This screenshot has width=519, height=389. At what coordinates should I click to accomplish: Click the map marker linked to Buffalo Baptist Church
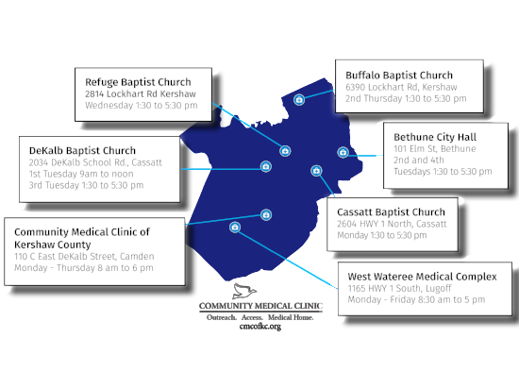tap(299, 99)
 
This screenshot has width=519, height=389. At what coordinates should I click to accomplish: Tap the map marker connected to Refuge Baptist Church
tap(285, 151)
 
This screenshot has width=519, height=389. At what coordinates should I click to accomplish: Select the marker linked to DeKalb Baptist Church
tap(266, 166)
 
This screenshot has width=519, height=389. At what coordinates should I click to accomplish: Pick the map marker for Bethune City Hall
tap(343, 152)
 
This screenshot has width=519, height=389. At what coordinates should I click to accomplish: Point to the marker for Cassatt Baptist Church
tap(316, 171)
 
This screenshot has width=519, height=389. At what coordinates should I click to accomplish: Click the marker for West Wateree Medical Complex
tap(235, 228)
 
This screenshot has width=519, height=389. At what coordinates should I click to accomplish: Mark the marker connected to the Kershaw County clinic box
tap(266, 215)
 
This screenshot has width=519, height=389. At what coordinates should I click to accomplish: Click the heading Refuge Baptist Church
tap(138, 82)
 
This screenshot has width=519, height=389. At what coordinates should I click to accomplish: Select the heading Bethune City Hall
tap(435, 137)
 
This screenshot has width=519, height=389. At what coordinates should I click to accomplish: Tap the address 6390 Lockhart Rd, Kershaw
tap(401, 87)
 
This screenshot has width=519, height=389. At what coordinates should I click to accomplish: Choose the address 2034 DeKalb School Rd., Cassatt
tap(95, 162)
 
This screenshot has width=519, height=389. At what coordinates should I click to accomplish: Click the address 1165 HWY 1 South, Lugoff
tap(399, 288)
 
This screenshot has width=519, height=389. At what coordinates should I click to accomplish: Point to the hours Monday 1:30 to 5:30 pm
tap(382, 235)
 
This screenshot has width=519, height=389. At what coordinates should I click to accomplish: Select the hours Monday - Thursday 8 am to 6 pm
tap(84, 268)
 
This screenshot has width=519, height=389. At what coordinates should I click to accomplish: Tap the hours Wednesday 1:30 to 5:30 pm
tap(142, 106)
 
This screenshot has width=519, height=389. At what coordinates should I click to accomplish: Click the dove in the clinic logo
tap(244, 291)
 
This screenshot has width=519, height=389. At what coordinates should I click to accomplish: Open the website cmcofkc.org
tap(260, 327)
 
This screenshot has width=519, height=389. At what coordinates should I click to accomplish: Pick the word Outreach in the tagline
tap(222, 317)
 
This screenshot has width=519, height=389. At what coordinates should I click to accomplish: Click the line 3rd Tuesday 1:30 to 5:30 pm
tap(86, 185)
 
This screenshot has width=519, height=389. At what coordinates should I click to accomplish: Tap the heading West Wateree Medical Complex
tap(423, 277)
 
